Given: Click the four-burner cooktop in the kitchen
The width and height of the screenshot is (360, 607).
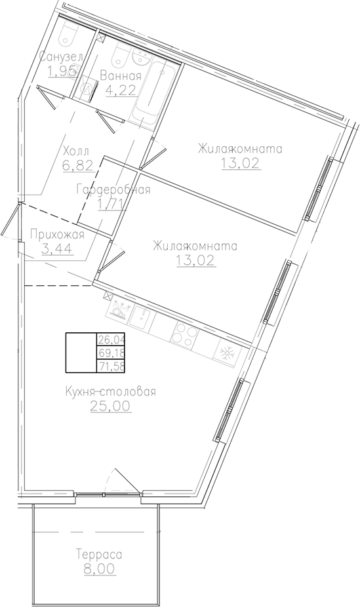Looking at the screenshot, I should coord(184,335).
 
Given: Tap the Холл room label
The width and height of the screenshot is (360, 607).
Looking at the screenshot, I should coord(75,149).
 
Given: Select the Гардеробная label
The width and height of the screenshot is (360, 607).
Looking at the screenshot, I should coord(113,190).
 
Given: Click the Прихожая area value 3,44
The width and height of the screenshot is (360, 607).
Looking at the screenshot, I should coord(57,249).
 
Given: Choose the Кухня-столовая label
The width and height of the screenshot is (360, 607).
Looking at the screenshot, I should coord(110,392).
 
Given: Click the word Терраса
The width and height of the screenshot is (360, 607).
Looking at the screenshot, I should coord(98,555).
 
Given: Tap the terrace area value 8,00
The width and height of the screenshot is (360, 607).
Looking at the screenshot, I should coord(98,570).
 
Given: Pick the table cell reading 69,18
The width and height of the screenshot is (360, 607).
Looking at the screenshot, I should coord(112,353).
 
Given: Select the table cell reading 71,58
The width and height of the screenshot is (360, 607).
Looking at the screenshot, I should coord(112,366).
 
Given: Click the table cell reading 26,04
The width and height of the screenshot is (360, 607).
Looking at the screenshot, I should coord(112,340).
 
